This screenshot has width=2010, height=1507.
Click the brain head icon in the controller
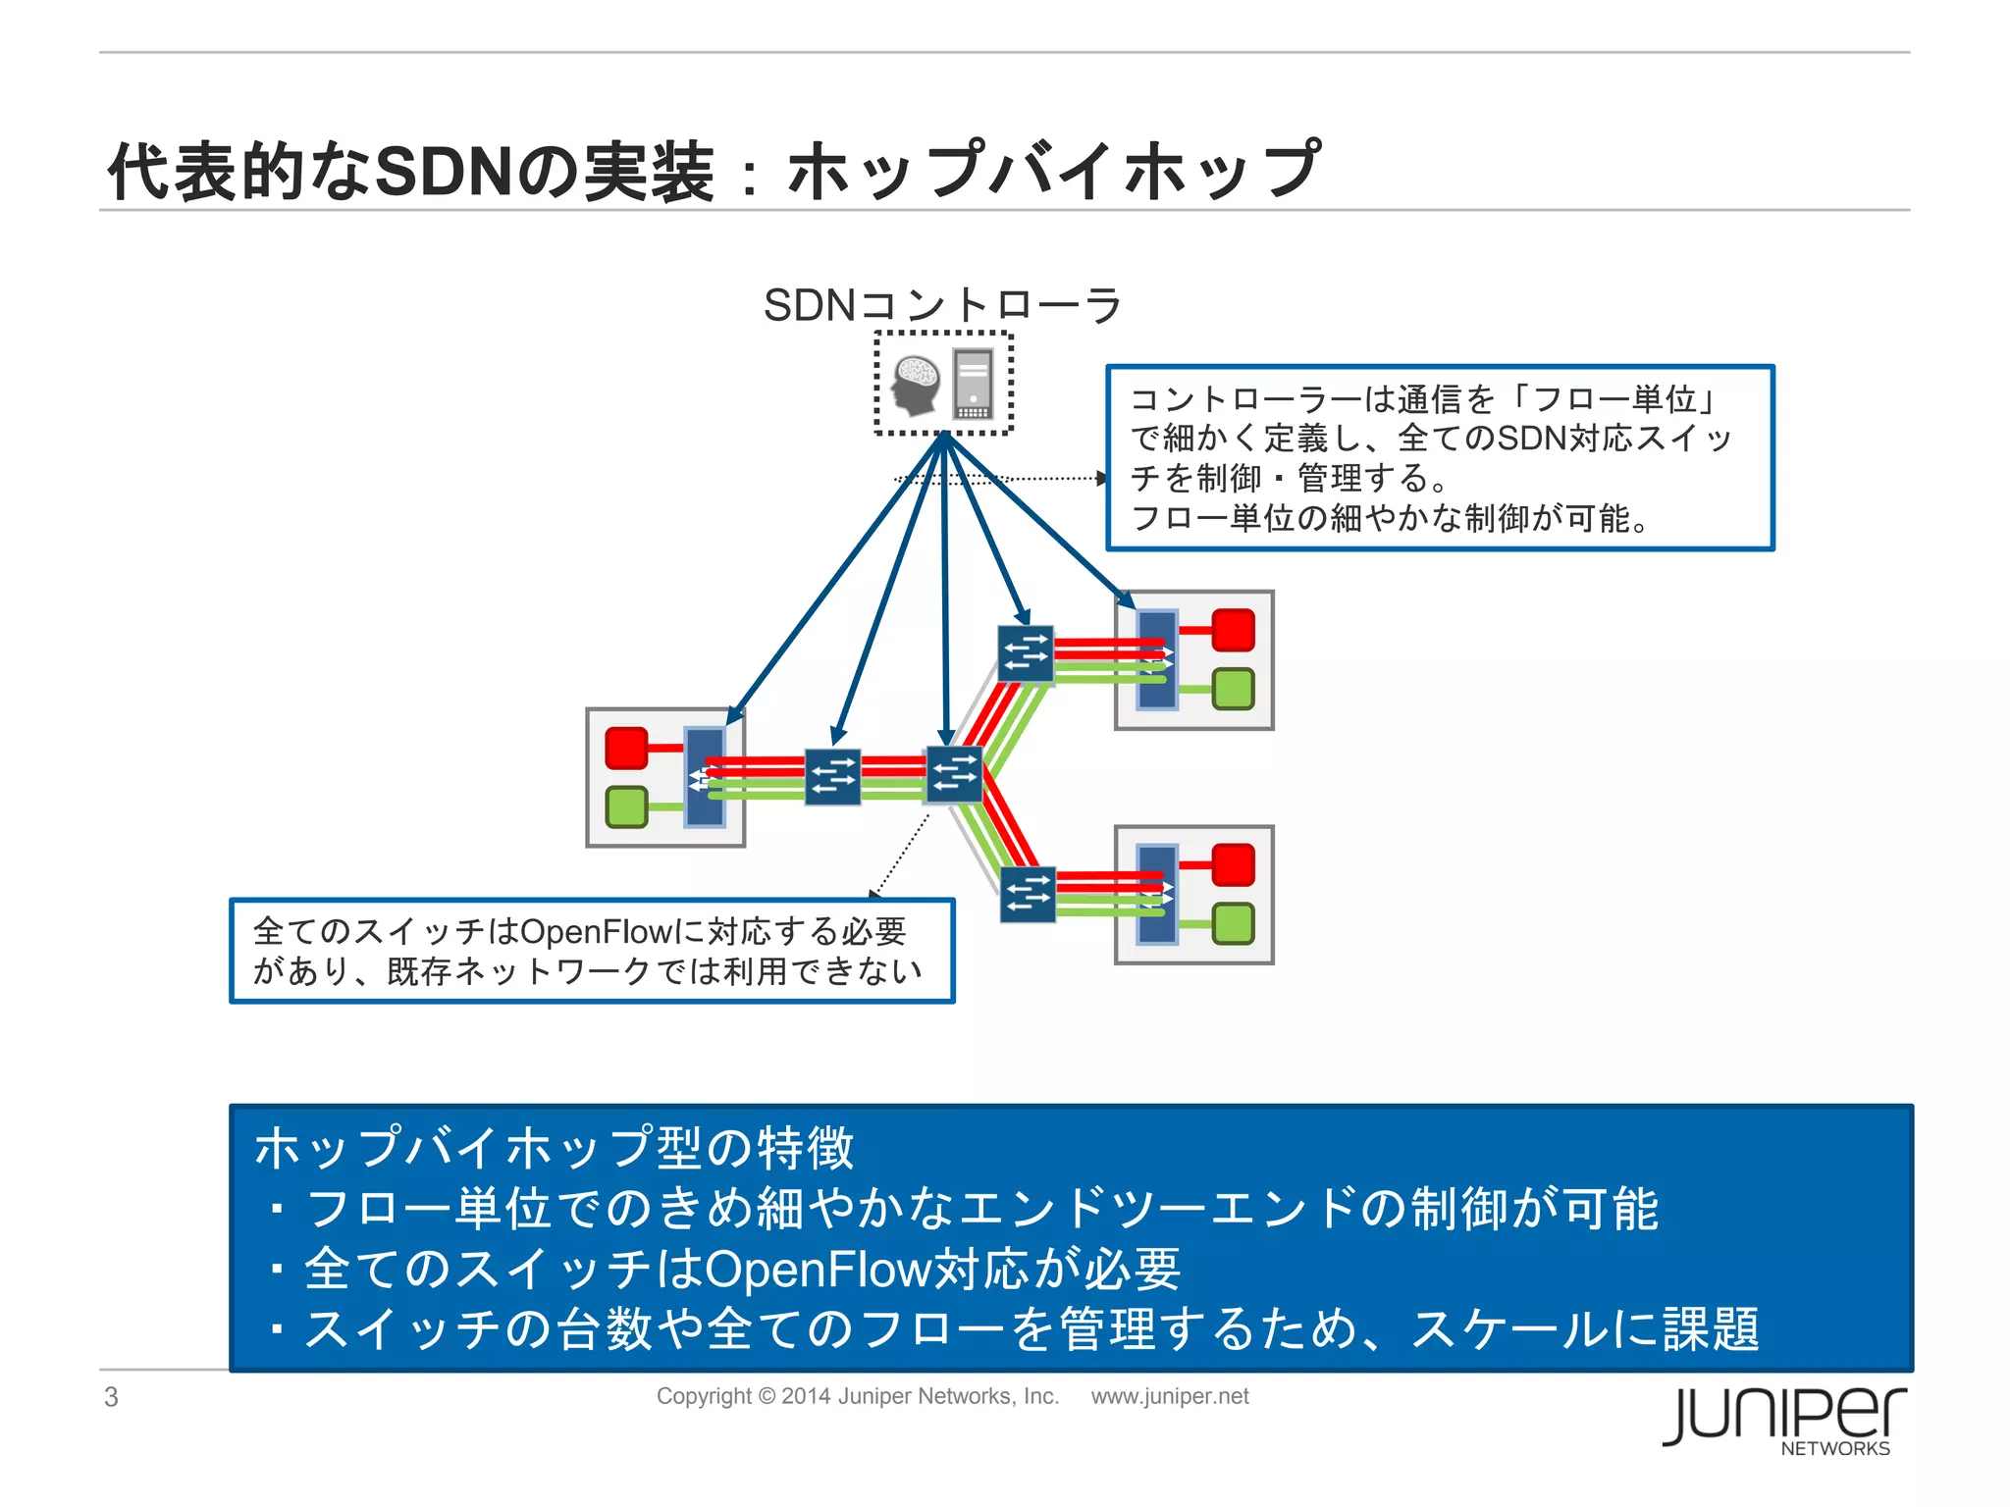(915, 385)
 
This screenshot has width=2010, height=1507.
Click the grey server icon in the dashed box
(973, 384)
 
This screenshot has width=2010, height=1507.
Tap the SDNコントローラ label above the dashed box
(942, 305)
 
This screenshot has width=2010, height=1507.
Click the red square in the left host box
(626, 748)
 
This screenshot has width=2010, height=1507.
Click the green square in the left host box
(626, 806)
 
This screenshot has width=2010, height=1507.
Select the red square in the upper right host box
(1233, 630)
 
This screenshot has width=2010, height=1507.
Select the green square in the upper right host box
(1233, 689)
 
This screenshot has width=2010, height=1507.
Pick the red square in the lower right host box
(1233, 864)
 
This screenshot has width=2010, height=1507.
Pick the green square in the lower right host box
(1233, 923)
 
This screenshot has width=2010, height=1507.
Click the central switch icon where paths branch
(954, 774)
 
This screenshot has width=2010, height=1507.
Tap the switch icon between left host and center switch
(832, 777)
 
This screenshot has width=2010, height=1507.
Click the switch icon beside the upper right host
(1026, 653)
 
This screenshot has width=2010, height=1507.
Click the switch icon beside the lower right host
(1028, 894)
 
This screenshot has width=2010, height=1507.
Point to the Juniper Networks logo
(1783, 1420)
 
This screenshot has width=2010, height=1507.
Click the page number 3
(111, 1396)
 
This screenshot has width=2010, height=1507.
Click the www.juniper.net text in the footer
(1169, 1396)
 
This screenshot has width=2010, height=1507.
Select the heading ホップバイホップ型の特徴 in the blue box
(555, 1147)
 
